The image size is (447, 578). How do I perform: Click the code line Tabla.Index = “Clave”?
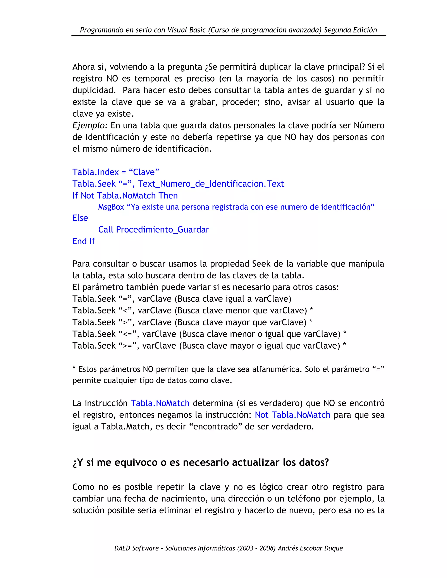pos(116,172)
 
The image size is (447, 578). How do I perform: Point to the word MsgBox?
pos(111,207)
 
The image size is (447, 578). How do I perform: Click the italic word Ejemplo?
pos(90,125)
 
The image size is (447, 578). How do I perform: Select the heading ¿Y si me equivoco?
pos(200,462)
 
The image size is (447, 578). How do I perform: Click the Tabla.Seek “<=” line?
pos(209,334)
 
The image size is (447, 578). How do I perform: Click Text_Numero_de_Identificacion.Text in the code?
pos(211,184)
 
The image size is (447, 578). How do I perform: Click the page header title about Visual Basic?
pos(228,30)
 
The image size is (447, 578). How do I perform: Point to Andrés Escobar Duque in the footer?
pos(310,548)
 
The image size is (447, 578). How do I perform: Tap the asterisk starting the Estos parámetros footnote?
pos(74,368)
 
